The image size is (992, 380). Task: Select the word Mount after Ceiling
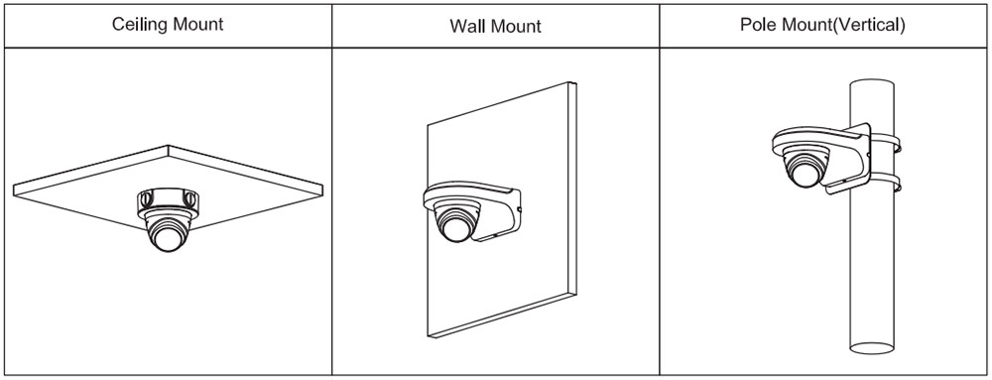(193, 24)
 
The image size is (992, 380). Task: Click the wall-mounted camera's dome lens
(454, 226)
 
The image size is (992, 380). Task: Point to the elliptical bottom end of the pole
(873, 347)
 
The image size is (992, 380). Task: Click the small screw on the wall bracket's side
(519, 208)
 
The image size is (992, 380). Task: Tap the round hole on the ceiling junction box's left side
(146, 199)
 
